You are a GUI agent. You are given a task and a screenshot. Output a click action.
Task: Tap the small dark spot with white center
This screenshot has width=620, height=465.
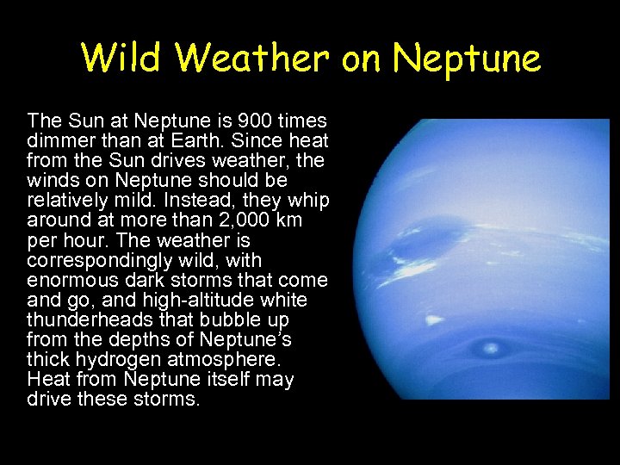pos(492,348)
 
